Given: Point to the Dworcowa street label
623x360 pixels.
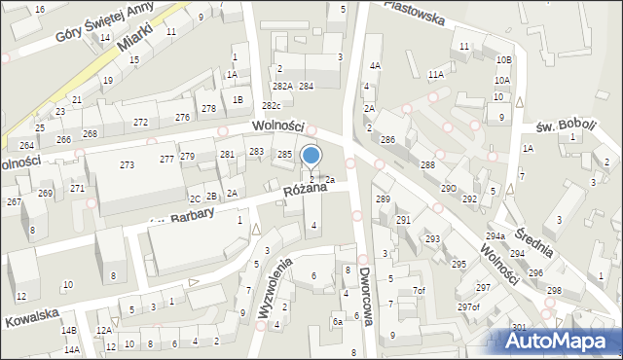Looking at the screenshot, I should pos(365,297).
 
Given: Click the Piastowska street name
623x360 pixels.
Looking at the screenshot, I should pos(414,11).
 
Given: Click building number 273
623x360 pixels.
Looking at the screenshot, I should pos(127,165).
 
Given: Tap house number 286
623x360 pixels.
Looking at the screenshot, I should pos(387,140).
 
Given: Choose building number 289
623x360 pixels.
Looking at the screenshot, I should pos(383,199).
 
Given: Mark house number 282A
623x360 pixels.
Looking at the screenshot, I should pos(282,87).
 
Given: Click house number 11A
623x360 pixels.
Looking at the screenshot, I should pos(435,74).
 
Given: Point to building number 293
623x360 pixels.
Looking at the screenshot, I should pos(431,238).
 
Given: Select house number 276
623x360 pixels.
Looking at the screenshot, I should pos(182,117).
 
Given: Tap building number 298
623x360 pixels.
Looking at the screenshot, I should pos(554,291).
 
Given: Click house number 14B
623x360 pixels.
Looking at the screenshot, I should pos(69,331).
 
